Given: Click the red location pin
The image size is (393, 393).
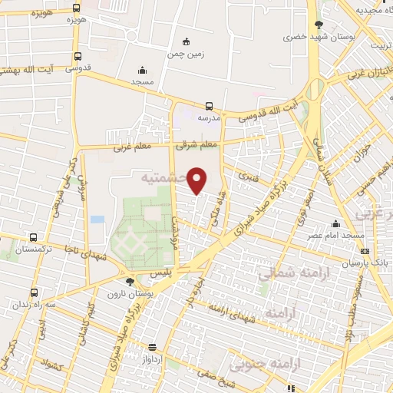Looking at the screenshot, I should pos(198,179).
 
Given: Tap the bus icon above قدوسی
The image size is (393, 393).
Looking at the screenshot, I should pos(78,56).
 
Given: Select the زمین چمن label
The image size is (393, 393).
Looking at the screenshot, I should pos(184,54).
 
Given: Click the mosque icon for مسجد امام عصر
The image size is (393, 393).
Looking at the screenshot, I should pos(335,223).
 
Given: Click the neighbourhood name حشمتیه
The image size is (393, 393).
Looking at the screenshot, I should pos(164,177).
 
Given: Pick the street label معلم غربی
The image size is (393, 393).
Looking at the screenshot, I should pos(131,146).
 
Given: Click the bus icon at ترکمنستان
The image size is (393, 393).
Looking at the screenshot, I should pos(32,238).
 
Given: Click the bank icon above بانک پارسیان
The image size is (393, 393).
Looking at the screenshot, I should pos(365,251).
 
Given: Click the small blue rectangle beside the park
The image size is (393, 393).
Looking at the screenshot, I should pos(97,220).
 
